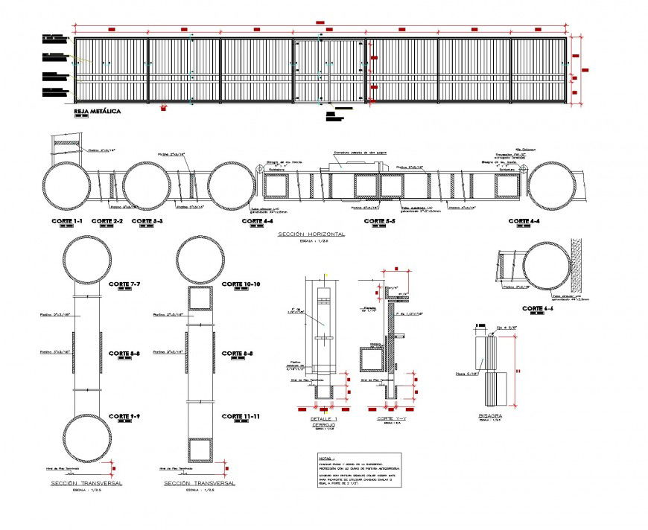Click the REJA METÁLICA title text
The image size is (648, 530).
tap(98, 111)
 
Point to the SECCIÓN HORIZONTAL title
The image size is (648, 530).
tap(311, 234)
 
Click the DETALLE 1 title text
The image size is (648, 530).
tap(324, 419)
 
